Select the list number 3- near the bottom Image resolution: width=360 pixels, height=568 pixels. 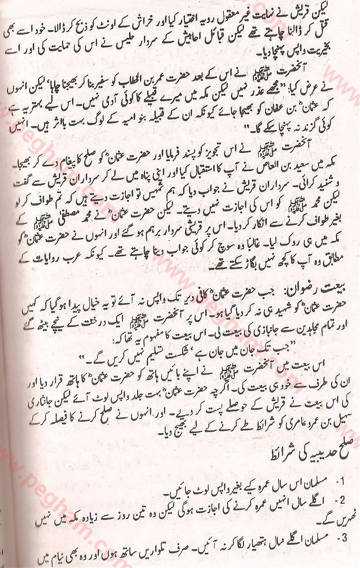pyautogui.click(x=340, y=537)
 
